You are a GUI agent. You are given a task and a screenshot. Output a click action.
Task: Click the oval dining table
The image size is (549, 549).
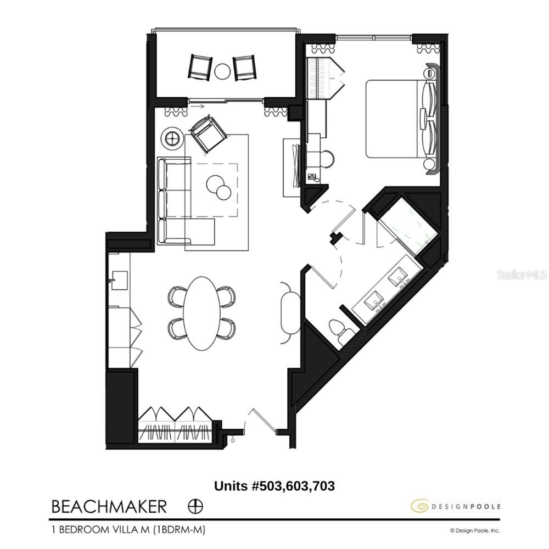[x=201, y=312]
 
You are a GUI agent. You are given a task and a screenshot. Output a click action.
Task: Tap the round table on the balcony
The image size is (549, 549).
[x=222, y=71]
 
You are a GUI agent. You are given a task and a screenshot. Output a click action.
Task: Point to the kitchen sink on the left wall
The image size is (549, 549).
[x=118, y=280]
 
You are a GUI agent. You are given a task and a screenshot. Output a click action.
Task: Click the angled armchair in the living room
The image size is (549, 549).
[x=207, y=134]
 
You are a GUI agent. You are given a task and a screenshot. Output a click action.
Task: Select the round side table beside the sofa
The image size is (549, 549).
[x=174, y=137]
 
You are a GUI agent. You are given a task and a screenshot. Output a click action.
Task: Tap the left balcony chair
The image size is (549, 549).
[x=199, y=66]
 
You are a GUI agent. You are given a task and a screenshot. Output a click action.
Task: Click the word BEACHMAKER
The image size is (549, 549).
[x=109, y=506]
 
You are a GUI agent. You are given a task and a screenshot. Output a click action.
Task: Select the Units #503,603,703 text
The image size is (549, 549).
[x=274, y=486]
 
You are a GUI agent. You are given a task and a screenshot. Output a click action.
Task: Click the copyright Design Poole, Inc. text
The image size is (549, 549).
[x=475, y=530]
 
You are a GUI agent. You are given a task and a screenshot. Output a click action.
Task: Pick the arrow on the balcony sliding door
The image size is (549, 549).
[x=199, y=106]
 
